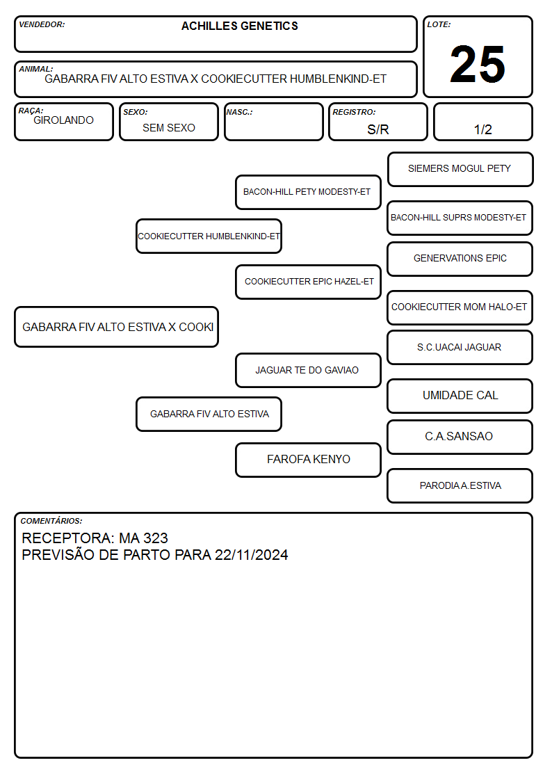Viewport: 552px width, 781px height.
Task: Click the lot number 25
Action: [478, 64]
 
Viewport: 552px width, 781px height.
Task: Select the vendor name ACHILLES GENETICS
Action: [239, 26]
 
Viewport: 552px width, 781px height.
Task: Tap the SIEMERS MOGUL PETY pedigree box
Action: [460, 170]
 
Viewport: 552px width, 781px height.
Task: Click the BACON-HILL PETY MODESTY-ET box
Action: [308, 192]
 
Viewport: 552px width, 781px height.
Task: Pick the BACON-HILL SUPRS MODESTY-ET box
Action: [460, 218]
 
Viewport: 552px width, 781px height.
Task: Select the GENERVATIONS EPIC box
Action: [460, 259]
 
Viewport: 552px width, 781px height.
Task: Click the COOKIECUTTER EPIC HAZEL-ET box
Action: [308, 282]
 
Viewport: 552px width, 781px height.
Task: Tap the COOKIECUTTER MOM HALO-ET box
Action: [460, 307]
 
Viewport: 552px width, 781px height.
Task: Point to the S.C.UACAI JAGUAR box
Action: [460, 348]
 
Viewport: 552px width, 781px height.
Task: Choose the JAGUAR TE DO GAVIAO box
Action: [308, 371]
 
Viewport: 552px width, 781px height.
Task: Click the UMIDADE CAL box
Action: [460, 396]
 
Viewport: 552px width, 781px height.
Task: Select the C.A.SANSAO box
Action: [460, 437]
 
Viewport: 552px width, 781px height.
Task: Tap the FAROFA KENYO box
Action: [308, 460]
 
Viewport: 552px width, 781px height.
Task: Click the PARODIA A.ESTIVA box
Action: [460, 485]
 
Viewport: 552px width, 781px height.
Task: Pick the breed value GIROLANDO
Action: [63, 120]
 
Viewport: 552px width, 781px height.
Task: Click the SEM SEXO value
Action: [169, 128]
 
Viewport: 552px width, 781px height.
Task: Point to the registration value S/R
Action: [378, 129]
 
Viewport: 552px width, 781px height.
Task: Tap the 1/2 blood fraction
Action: [482, 129]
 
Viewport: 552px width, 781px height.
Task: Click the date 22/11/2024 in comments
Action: [252, 555]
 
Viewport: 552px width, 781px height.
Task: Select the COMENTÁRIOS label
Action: [51, 521]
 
